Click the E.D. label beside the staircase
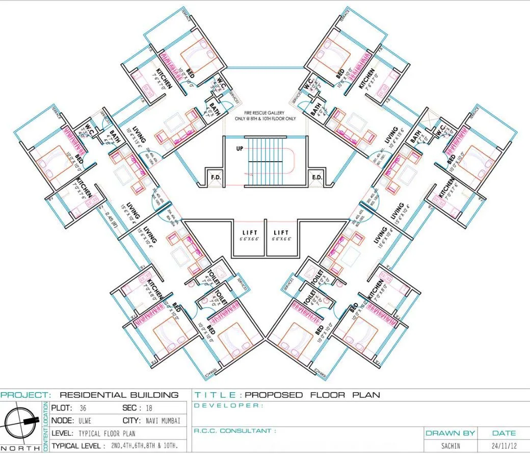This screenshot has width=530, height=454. coord(316,178)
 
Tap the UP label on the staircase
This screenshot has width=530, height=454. coord(239,149)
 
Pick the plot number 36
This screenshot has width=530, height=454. coord(83,409)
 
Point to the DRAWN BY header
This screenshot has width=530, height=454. coord(450,433)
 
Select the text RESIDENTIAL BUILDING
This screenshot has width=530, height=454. coord(119,395)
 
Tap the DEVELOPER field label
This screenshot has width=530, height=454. coord(229,406)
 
